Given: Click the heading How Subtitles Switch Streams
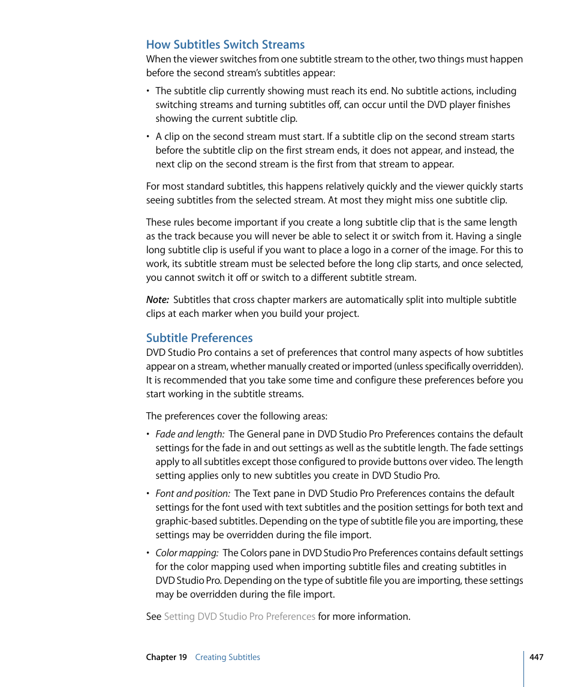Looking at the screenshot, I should click(225, 44).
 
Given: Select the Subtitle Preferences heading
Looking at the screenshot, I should click(199, 338).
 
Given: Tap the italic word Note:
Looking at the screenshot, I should click(157, 300).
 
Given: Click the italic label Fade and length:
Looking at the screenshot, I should click(190, 434).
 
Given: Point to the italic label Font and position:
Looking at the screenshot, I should click(192, 494).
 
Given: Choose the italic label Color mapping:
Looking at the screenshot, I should click(186, 553).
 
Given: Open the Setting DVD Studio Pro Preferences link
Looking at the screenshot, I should click(239, 617).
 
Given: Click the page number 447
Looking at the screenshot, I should click(536, 657).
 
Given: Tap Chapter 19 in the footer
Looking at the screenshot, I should click(166, 658).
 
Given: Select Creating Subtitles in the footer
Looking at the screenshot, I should click(227, 658).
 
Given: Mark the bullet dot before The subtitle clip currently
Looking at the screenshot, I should click(149, 92).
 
